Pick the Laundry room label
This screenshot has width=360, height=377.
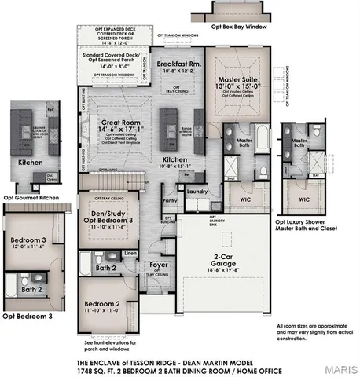coord(197,191)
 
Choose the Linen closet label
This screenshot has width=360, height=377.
coord(130,254)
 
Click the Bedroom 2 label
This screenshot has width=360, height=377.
coord(102,303)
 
